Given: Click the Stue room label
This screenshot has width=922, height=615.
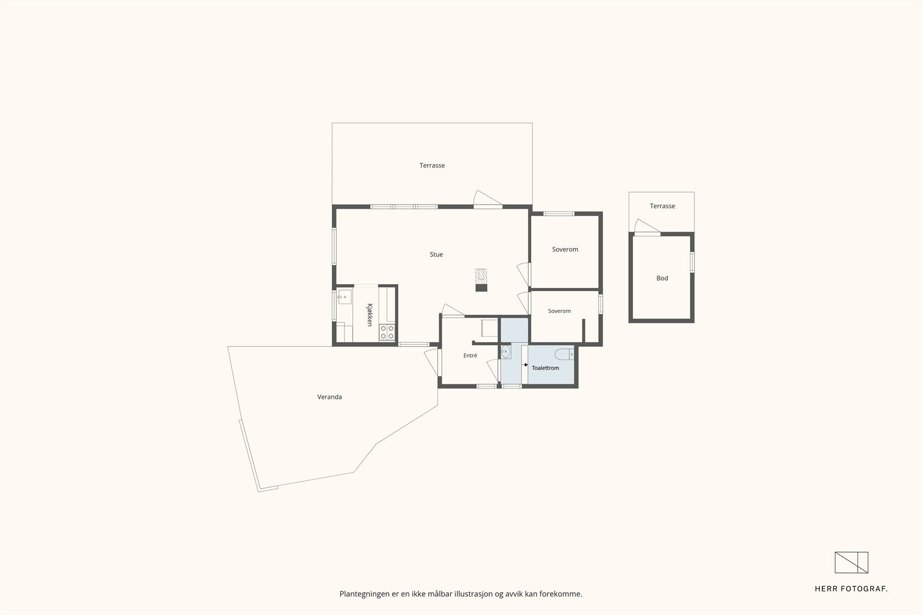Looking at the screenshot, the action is (x=436, y=254).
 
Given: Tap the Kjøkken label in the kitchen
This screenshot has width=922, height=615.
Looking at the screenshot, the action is (x=369, y=315).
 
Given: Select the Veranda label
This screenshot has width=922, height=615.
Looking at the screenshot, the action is (x=329, y=397).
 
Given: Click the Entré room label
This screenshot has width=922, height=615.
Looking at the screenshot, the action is (x=470, y=355).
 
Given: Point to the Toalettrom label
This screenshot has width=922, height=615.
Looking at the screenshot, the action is (x=545, y=368).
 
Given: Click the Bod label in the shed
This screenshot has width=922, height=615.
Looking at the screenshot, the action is (x=662, y=278).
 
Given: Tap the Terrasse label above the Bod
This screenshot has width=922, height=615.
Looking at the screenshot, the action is (x=662, y=206).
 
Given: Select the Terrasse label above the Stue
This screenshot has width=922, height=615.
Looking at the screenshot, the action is (x=432, y=165).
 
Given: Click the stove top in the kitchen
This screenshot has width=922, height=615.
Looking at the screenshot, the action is (x=387, y=332).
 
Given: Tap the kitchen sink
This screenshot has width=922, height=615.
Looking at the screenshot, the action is (x=344, y=296).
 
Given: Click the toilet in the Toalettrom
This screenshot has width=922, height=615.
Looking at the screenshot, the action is (x=564, y=354).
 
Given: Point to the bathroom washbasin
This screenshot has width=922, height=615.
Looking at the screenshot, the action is (x=506, y=352).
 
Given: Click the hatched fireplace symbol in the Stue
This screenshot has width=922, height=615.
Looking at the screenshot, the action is (x=481, y=274).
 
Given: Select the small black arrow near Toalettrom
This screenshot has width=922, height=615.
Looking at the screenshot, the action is (x=526, y=365).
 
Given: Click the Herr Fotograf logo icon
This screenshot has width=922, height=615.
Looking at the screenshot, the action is (x=851, y=563).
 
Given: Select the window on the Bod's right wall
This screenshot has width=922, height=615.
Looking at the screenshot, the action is (x=692, y=262).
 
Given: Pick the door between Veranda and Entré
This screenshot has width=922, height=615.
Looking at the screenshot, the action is (x=432, y=362).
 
